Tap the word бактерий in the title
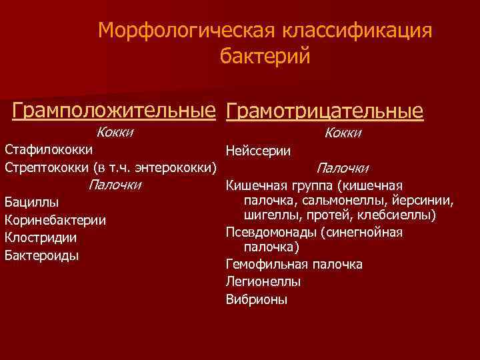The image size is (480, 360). pos(265,56)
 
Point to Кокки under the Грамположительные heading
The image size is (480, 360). pos(115,132)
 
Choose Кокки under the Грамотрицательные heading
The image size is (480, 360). pos(343,133)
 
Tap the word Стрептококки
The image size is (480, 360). pos(47,166)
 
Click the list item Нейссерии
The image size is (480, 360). pos(258,151)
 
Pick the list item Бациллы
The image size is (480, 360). pos(31,202)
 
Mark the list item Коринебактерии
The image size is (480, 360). pos(55,220)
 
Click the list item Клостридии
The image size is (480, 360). pos(41,237)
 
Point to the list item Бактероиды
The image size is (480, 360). pos(41,255)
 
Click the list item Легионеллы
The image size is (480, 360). pos(263,282)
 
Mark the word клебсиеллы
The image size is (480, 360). pos(399,215)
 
